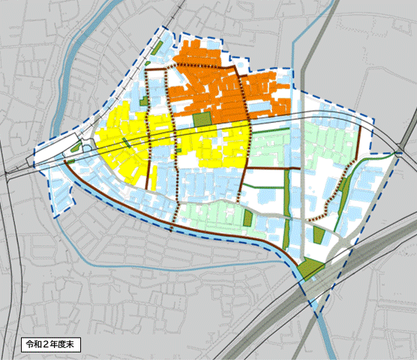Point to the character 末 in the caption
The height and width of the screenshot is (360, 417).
click(71, 345)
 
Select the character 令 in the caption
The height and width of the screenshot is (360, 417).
click(29, 345)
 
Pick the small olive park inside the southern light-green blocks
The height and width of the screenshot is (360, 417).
click(247, 218)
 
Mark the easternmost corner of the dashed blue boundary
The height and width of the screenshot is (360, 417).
click(397, 153)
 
